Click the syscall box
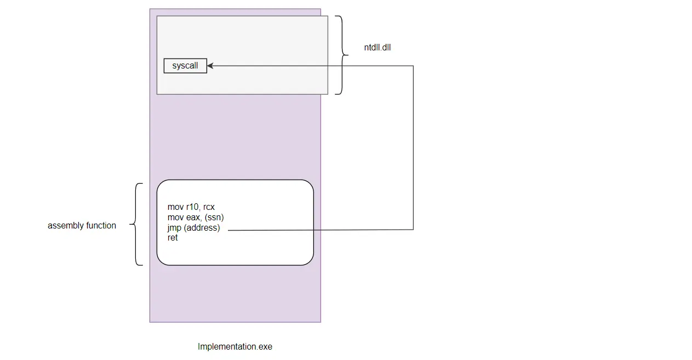pos(185,66)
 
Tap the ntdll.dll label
pos(377,48)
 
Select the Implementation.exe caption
pos(235,347)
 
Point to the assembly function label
pos(82,226)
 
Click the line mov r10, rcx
pos(191,207)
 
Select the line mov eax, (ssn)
pos(196,217)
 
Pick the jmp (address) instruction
pos(194,228)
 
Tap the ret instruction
pos(173,238)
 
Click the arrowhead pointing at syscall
pos(210,66)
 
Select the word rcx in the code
pos(209,207)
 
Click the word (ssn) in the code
pos(214,217)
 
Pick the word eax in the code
pos(192,218)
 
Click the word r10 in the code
pos(193,207)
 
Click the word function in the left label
pos(101,225)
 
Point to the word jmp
pos(174,228)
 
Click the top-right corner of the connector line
pos(413,66)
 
